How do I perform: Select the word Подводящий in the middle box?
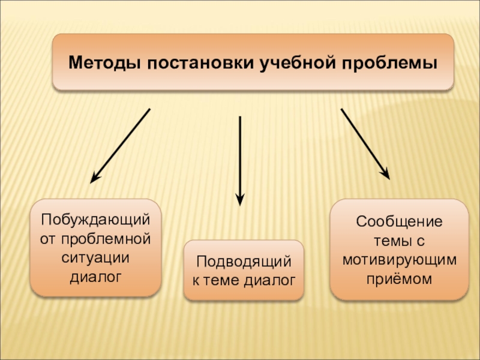(x=244, y=261)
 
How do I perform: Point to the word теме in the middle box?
(x=220, y=280)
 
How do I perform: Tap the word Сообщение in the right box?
(x=399, y=221)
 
